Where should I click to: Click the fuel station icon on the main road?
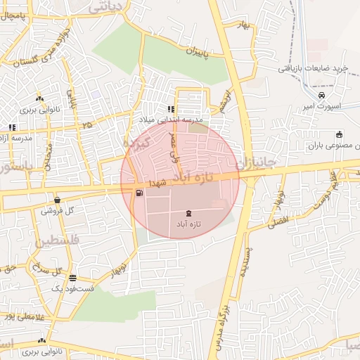pos(139,193)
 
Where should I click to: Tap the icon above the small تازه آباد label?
pos(188,213)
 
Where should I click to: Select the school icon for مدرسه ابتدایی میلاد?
pos(170,110)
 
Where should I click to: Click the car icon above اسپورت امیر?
pos(321,95)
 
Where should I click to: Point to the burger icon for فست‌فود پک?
pos(72,278)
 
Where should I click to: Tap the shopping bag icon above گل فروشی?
pos(57,200)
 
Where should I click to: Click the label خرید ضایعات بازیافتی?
pos(309,68)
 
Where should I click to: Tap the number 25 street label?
pos(86,124)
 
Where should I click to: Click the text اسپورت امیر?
pos(321,106)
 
